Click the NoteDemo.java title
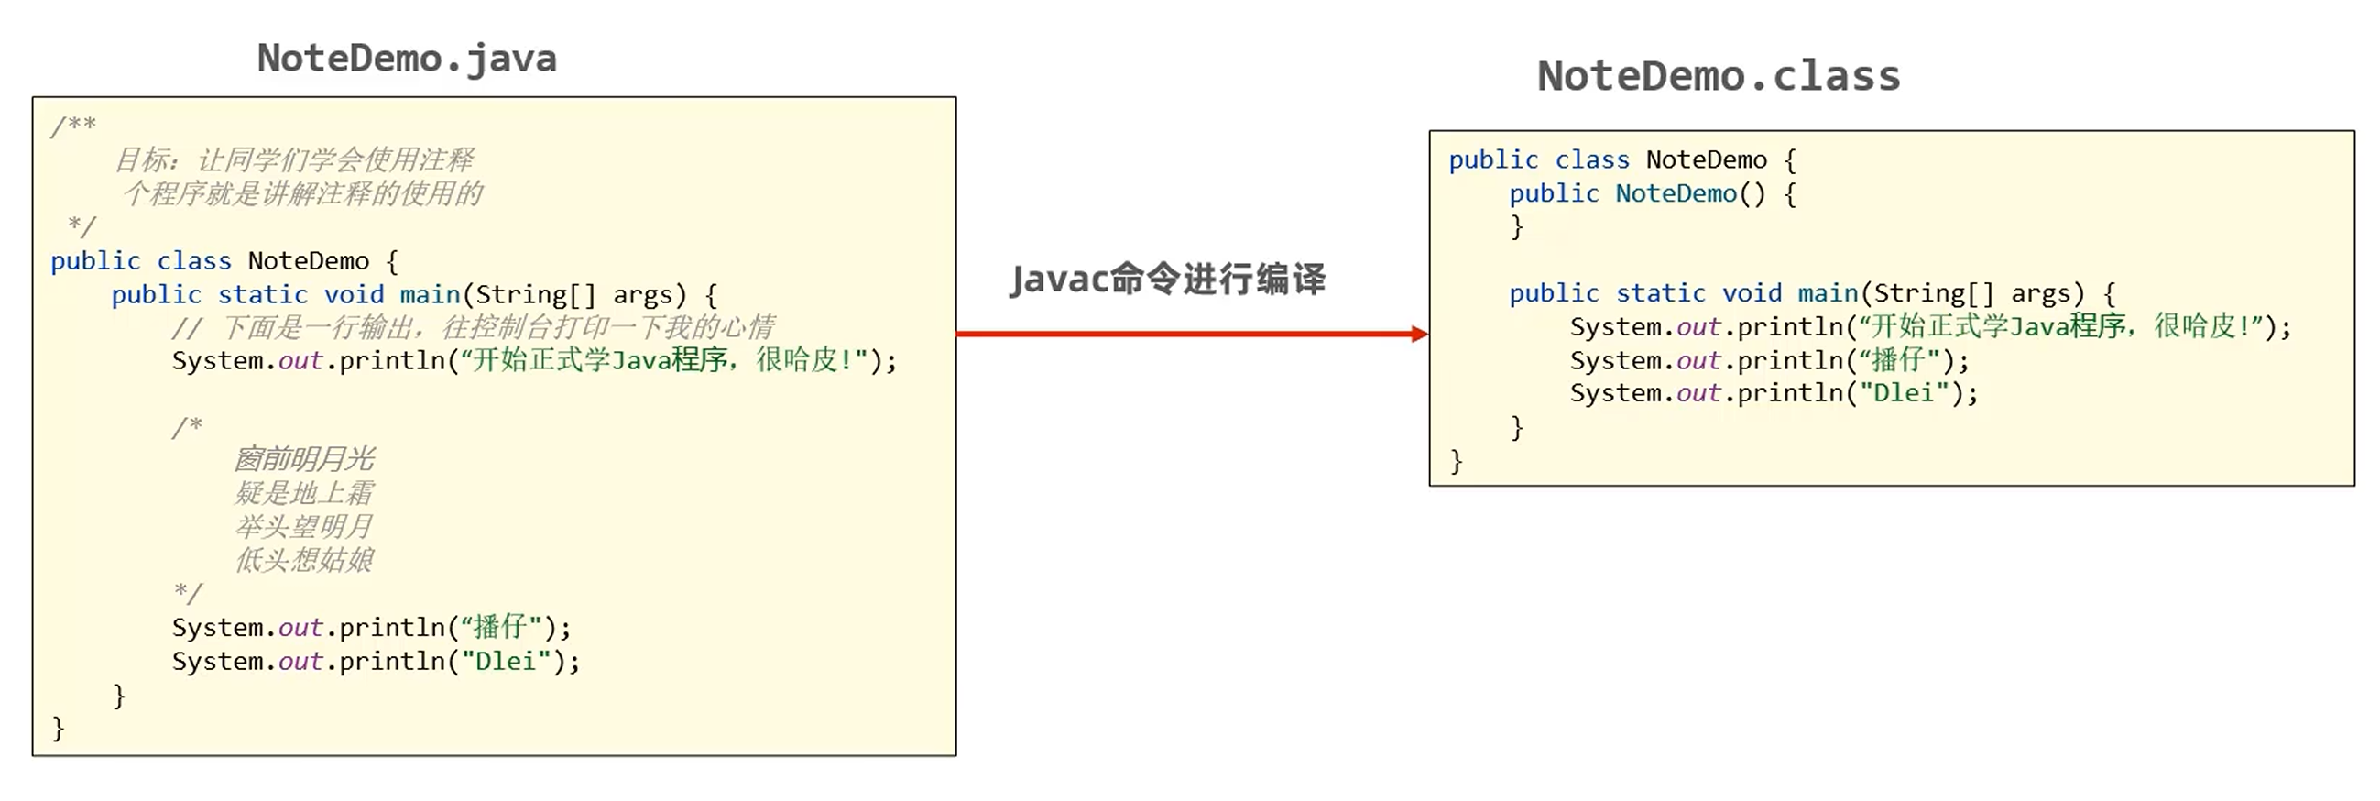click(x=407, y=59)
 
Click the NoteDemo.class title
click(x=1719, y=76)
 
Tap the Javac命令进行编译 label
click(x=1168, y=278)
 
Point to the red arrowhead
click(x=1419, y=334)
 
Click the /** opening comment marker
click(x=73, y=125)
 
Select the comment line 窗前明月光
click(x=304, y=459)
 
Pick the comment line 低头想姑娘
click(x=304, y=560)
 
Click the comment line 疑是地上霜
click(x=304, y=492)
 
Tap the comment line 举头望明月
click(x=304, y=527)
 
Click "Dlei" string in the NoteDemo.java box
click(x=506, y=662)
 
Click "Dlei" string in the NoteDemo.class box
click(x=1904, y=393)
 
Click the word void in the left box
click(x=354, y=295)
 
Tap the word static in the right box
click(x=1660, y=294)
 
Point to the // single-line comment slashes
click(x=186, y=328)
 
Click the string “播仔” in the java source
click(x=502, y=627)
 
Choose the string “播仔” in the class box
click(x=1900, y=360)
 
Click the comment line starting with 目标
click(x=294, y=159)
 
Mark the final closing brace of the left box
click(x=59, y=729)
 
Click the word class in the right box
click(x=1592, y=159)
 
